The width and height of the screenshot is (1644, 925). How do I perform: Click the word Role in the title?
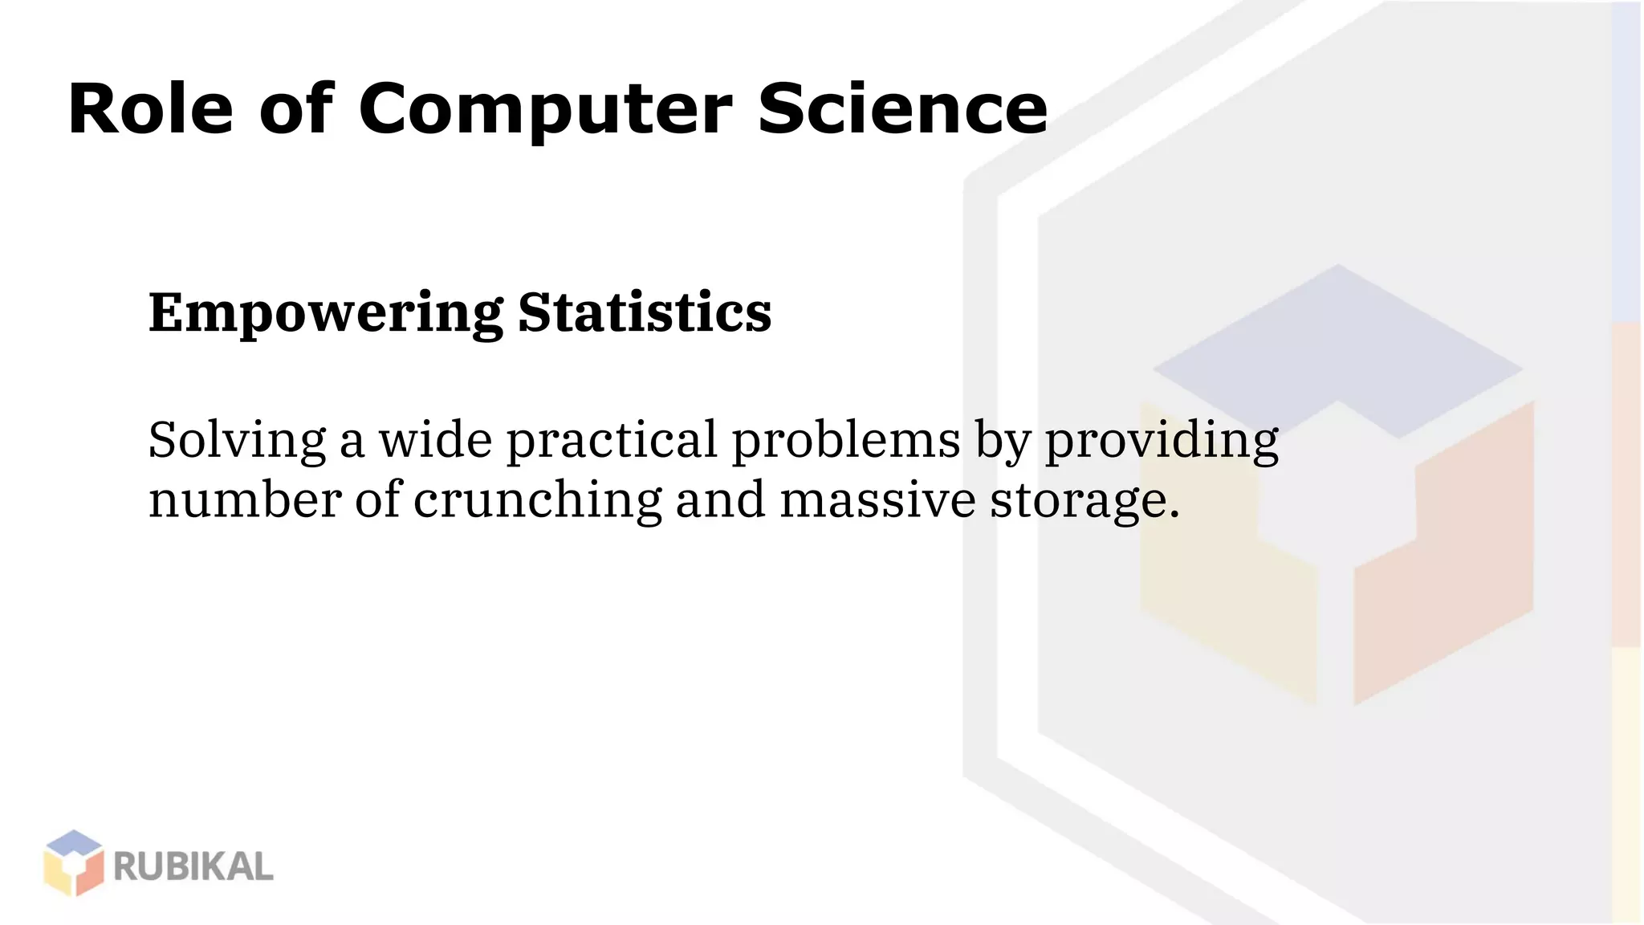pos(151,109)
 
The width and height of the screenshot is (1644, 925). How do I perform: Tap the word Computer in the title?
pos(545,111)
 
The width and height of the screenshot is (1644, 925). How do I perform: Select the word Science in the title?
pos(902,109)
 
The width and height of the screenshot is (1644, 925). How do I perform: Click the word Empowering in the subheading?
pos(325,312)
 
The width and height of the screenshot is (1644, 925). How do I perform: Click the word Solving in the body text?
pos(237,441)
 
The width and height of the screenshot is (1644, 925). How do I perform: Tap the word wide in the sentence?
pos(435,440)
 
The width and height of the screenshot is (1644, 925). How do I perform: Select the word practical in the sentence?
pos(612,442)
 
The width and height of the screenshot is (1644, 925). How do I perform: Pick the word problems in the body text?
pos(846,440)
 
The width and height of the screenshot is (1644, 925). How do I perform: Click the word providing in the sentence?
pos(1161,442)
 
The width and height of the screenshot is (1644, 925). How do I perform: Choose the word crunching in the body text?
pos(537,501)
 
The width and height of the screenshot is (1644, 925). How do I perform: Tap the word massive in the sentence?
pos(877,499)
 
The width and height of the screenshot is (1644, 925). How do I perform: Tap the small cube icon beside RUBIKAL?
pos(74,863)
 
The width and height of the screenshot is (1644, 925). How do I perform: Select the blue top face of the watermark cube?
pos(1338,345)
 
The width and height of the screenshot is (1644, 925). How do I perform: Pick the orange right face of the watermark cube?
pos(1445,562)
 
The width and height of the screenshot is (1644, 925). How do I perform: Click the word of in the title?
pos(295,109)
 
